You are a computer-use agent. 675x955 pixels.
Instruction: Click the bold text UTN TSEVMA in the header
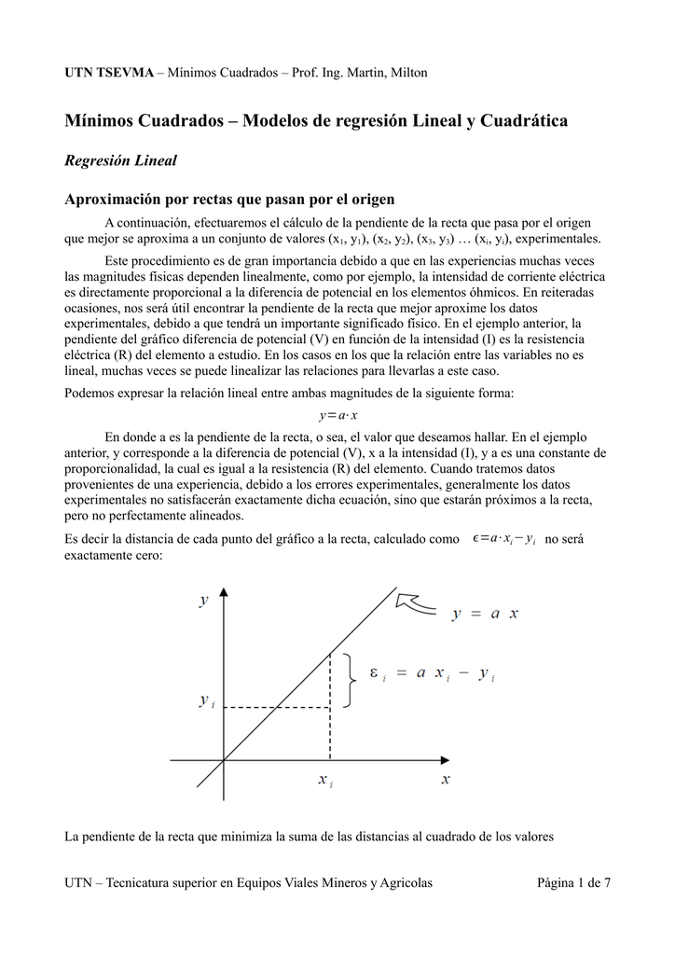(x=107, y=73)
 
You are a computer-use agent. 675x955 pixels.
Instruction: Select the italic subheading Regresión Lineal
(x=120, y=160)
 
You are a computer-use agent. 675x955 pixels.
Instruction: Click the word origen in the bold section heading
(x=370, y=199)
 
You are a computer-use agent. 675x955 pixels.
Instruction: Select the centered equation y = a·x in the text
(x=337, y=415)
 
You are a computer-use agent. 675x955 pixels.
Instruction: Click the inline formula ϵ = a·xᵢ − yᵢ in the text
(x=503, y=538)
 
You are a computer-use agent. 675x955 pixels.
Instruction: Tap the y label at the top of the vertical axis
(x=204, y=602)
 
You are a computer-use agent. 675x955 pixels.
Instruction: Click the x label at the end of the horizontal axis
(x=446, y=780)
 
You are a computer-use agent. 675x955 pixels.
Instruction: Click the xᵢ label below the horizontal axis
(x=325, y=782)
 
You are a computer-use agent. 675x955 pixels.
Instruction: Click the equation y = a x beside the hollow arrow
(x=485, y=613)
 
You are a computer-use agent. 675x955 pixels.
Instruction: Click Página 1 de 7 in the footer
(x=573, y=882)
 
